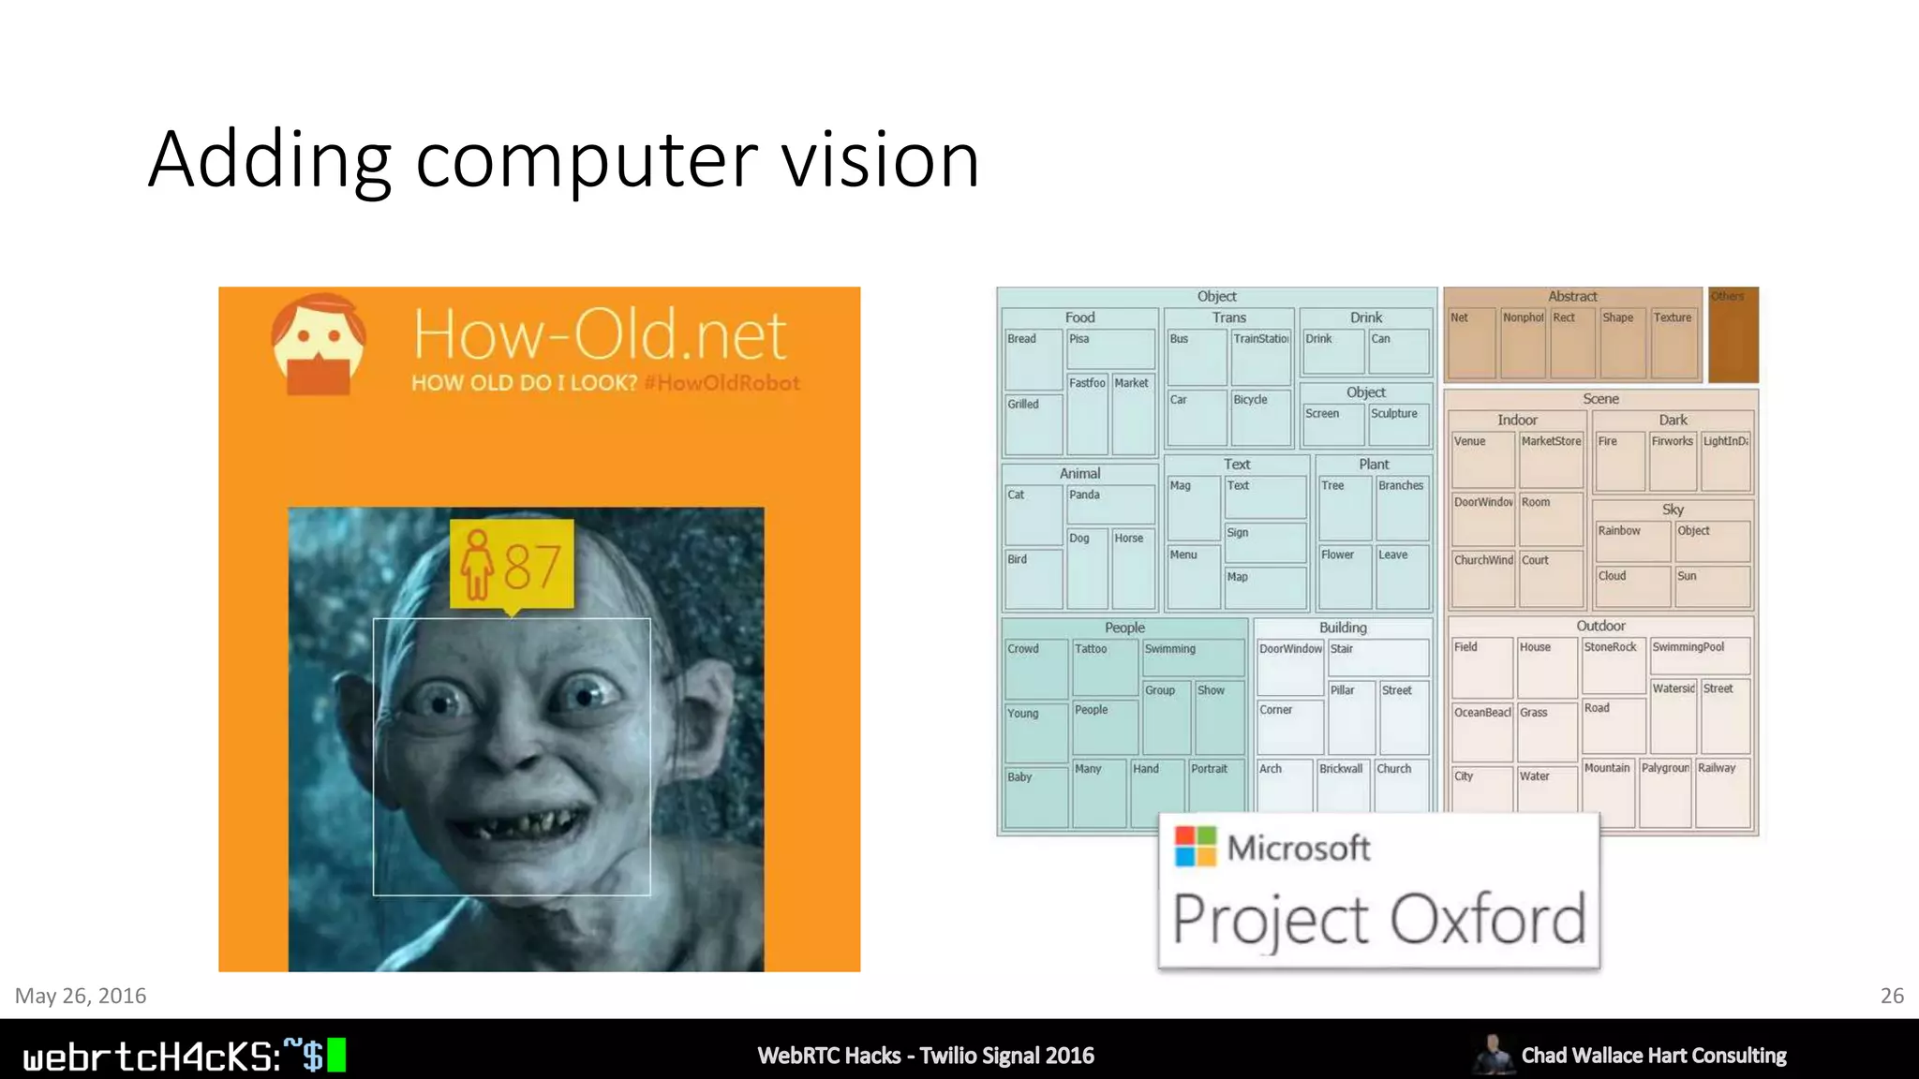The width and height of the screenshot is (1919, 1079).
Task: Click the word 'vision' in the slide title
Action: pyautogui.click(x=880, y=159)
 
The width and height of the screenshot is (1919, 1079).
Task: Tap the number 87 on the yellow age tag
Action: pyautogui.click(x=532, y=566)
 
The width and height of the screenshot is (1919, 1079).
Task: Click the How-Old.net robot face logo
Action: pyautogui.click(x=319, y=345)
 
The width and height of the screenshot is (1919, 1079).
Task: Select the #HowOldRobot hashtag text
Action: pyautogui.click(x=721, y=383)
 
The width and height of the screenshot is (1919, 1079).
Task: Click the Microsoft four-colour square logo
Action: pyautogui.click(x=1195, y=846)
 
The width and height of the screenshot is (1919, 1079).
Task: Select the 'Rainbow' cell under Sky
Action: pyautogui.click(x=1632, y=540)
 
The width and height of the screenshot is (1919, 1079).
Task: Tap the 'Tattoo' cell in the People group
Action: pyautogui.click(x=1105, y=666)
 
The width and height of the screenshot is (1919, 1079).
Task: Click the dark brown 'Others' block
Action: pyautogui.click(x=1733, y=335)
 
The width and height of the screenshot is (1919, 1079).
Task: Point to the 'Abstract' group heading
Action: pyautogui.click(x=1572, y=296)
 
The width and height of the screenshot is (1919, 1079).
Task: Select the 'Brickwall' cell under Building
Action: pyautogui.click(x=1342, y=784)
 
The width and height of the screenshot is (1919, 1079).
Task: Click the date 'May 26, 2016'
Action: pyautogui.click(x=81, y=996)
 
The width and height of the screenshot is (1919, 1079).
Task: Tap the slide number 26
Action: pyautogui.click(x=1892, y=996)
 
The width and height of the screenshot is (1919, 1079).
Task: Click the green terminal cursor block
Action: pyautogui.click(x=335, y=1056)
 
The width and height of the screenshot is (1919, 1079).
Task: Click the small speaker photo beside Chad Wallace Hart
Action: pyautogui.click(x=1492, y=1055)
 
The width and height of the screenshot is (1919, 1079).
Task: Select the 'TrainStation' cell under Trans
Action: pyautogui.click(x=1261, y=356)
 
